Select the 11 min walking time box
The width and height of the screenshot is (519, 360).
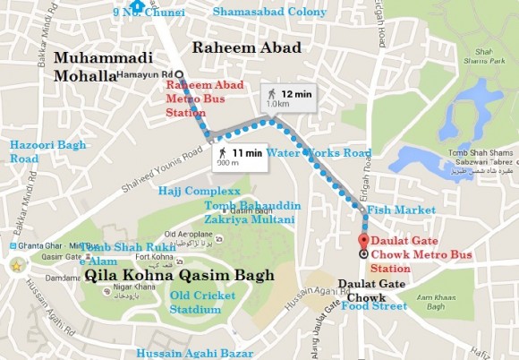pyautogui.click(x=240, y=158)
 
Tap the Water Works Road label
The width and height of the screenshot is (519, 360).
pyautogui.click(x=318, y=153)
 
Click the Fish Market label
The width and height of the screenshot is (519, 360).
pyautogui.click(x=396, y=210)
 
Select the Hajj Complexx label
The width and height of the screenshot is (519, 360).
pyautogui.click(x=200, y=191)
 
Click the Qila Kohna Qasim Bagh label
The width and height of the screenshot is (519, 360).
pyautogui.click(x=175, y=276)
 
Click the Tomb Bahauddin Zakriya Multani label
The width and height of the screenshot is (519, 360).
pyautogui.click(x=251, y=211)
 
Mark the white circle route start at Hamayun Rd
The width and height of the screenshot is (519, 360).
pyautogui.click(x=179, y=75)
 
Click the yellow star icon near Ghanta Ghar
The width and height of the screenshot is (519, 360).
pyautogui.click(x=16, y=266)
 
